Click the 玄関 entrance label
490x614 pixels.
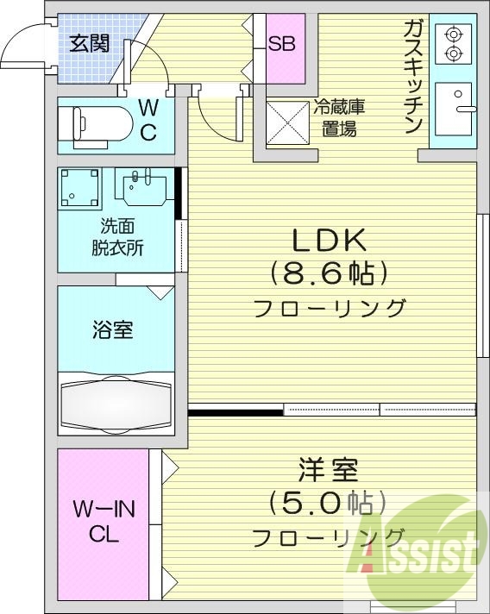[x=89, y=42]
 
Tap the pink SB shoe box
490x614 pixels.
[x=281, y=44]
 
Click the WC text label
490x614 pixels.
[x=148, y=120]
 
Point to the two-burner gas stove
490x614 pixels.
[x=453, y=44]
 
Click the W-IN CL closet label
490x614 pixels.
[x=104, y=522]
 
